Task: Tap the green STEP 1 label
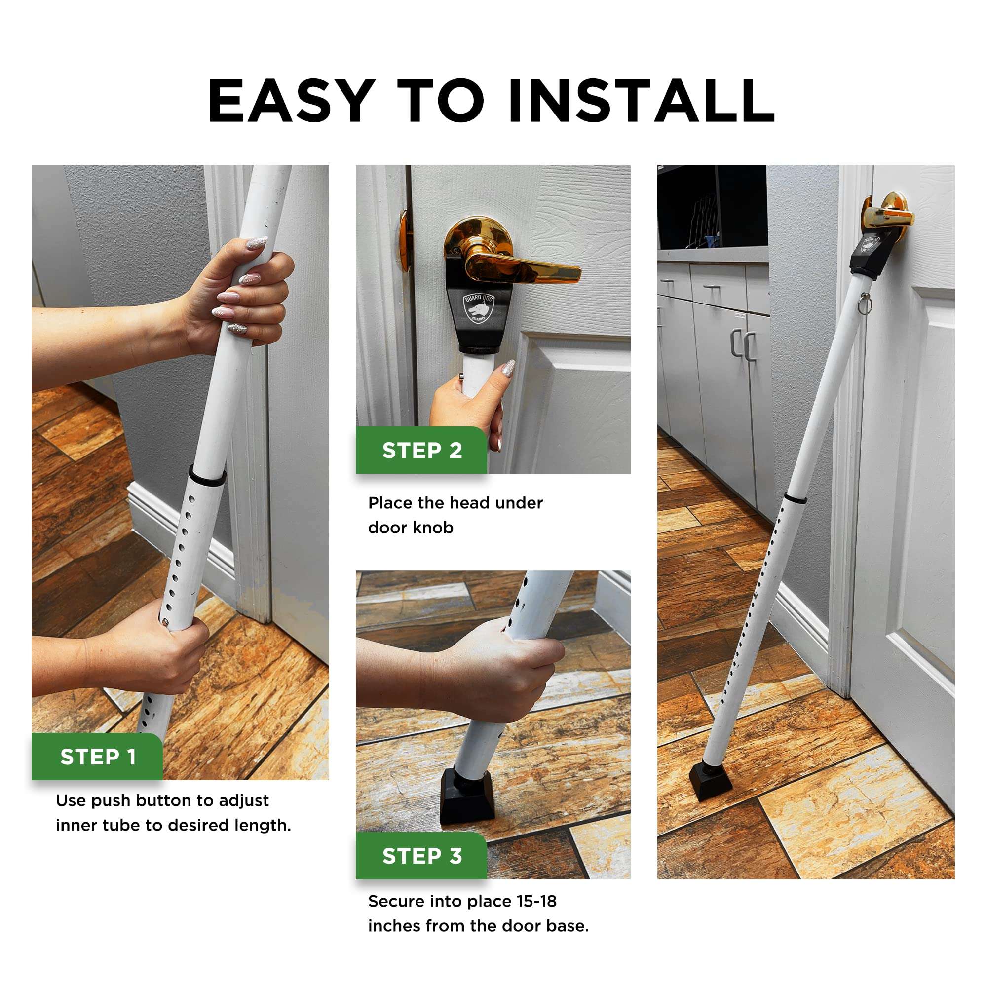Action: click(98, 757)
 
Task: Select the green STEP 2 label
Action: click(422, 451)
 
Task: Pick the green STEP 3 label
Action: click(422, 856)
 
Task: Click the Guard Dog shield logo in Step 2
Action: click(479, 307)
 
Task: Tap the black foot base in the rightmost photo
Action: click(711, 780)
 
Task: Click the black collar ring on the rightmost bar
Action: click(796, 497)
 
